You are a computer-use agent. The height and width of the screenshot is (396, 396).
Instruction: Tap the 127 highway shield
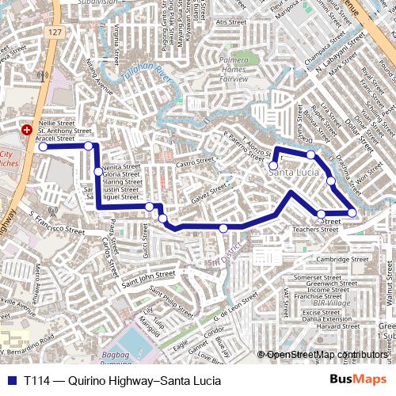[x=54, y=32]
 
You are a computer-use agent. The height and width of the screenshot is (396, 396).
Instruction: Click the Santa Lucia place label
[x=293, y=173]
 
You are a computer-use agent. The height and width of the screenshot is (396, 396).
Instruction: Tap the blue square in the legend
[x=11, y=380]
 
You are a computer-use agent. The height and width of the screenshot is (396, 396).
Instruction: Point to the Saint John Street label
[x=148, y=277]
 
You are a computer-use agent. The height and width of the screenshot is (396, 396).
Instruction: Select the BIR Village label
[x=331, y=303]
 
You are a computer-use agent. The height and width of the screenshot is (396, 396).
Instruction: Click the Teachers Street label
[x=316, y=230]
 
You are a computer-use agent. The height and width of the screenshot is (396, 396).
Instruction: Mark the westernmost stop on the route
[x=44, y=147]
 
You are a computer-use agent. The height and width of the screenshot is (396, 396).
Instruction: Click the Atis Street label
[x=230, y=22]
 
